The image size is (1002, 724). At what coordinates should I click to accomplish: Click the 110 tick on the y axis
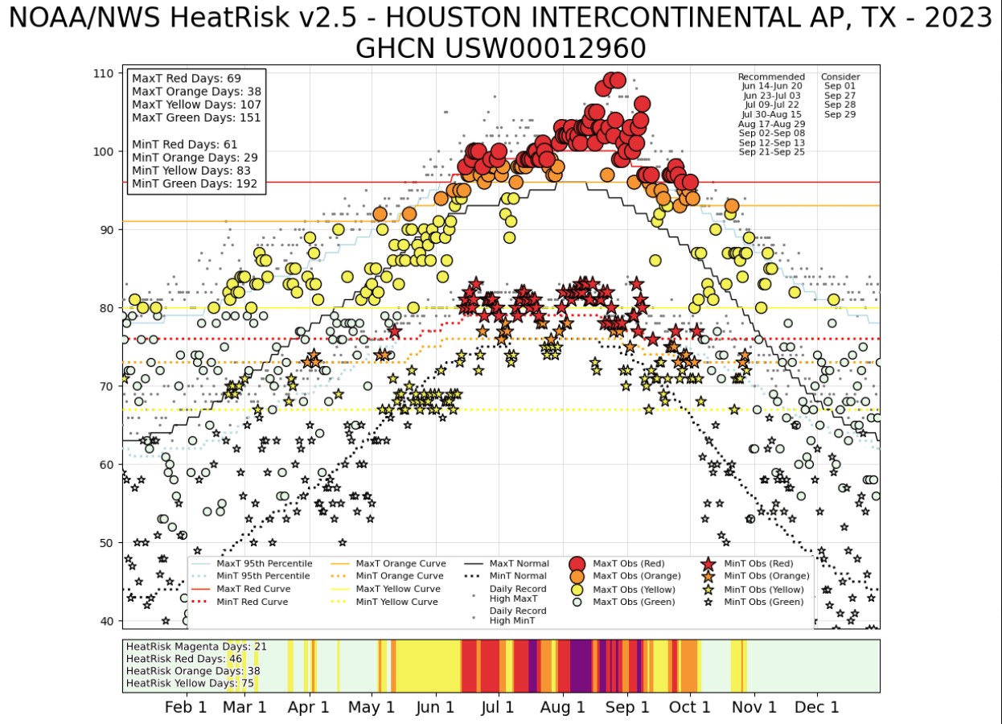coord(102,73)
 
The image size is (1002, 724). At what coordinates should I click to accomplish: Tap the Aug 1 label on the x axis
coord(563,707)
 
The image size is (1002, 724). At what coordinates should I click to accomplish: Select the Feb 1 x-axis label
coord(186,707)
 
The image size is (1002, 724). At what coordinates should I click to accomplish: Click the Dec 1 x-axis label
coord(818,707)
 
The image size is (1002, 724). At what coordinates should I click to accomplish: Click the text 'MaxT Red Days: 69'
coord(187,79)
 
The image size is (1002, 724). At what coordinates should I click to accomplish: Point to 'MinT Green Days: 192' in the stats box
coord(195,183)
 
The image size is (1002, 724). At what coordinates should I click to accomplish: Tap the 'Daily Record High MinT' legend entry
coord(518,615)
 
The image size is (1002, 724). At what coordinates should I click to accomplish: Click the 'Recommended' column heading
coord(771,77)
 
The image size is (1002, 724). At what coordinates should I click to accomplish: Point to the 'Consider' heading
coord(840,77)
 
